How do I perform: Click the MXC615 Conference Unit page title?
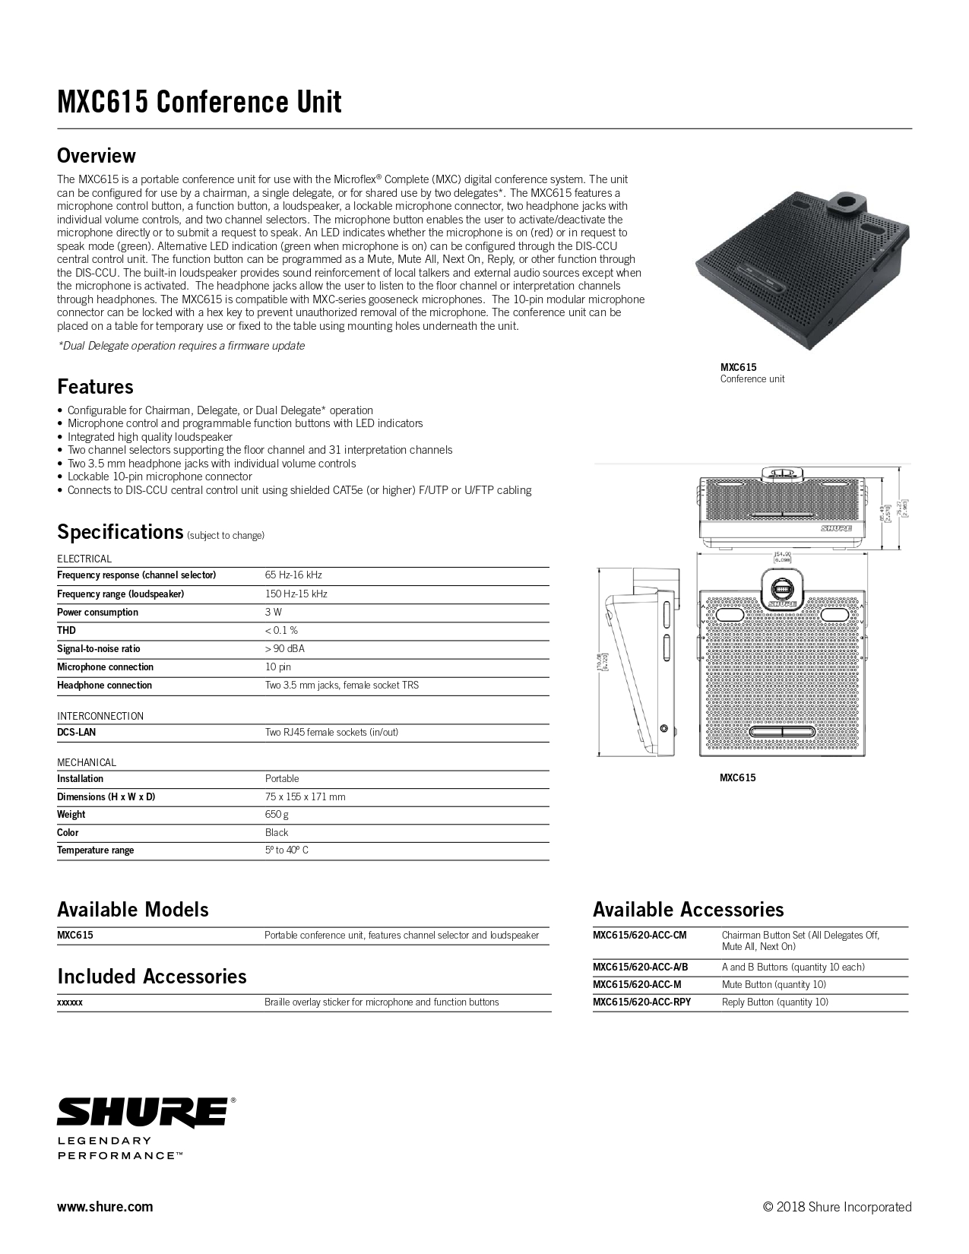199,102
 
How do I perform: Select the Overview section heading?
96,156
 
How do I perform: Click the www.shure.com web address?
105,1206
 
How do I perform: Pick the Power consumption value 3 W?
274,613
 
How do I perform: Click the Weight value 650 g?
277,815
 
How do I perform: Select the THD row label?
66,631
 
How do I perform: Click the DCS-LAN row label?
76,733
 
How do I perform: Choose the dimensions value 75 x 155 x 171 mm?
305,796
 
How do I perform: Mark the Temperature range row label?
95,850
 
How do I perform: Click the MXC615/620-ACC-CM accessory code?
639,936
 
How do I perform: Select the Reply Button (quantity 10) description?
774,1002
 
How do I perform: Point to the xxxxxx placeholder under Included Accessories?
70,1002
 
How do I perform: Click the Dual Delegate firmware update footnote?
181,346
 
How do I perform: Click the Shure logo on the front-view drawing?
836,527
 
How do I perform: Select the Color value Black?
277,832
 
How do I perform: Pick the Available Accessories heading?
688,910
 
